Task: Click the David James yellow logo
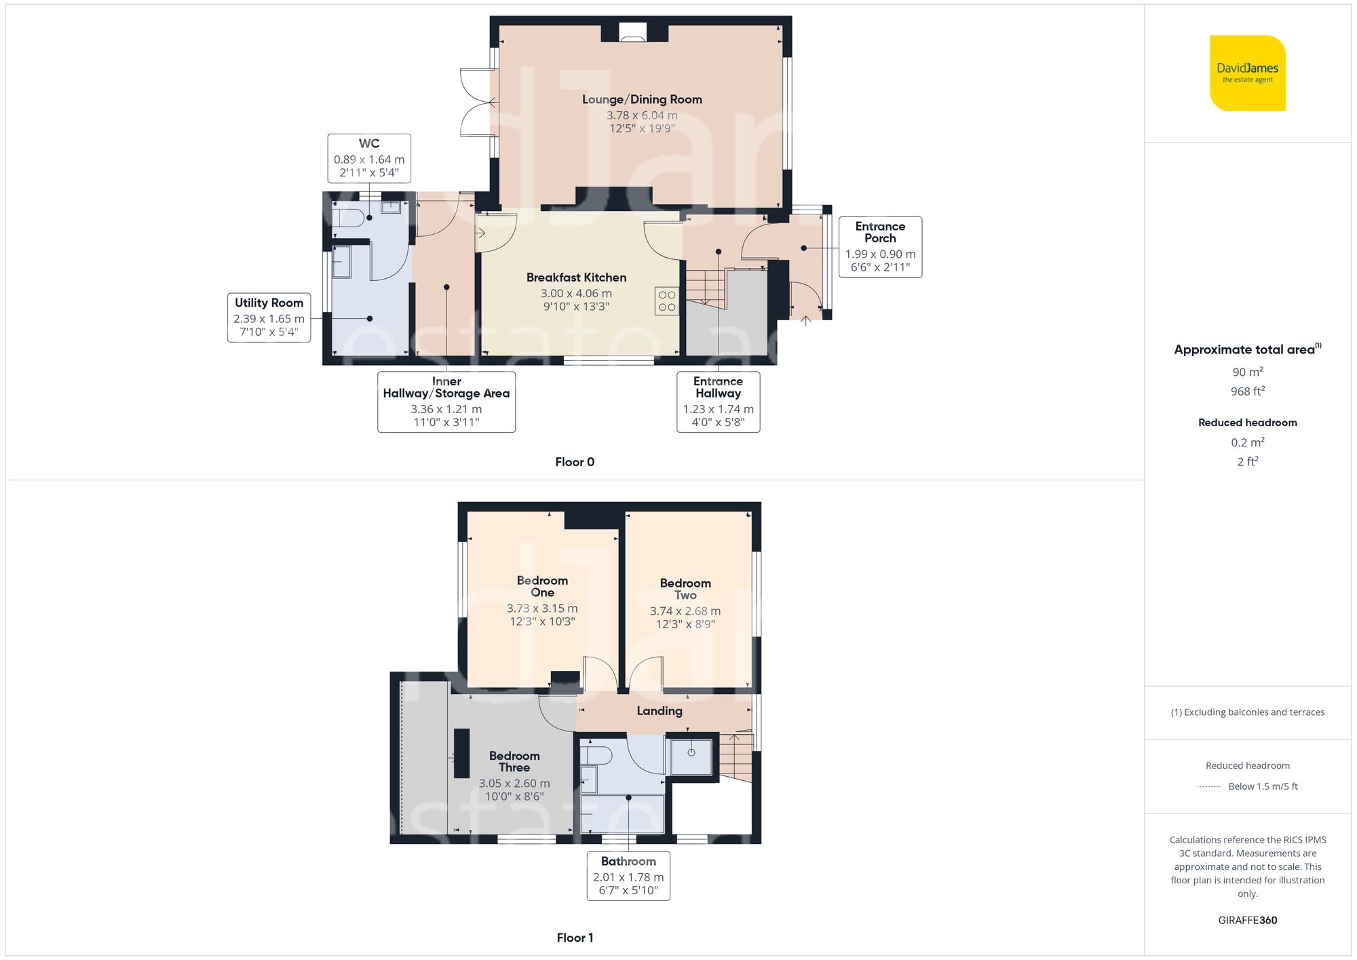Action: pyautogui.click(x=1247, y=73)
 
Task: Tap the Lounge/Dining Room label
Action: pyautogui.click(x=642, y=100)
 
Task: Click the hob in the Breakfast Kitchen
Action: pyautogui.click(x=666, y=301)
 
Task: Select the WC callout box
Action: pyautogui.click(x=369, y=158)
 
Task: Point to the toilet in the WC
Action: pyautogui.click(x=350, y=218)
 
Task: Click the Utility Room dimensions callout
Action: pyautogui.click(x=269, y=318)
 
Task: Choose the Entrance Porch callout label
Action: pyautogui.click(x=880, y=233)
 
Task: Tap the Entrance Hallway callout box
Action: pyautogui.click(x=718, y=402)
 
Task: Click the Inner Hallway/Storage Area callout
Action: pyautogui.click(x=446, y=402)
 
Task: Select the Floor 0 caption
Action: pyautogui.click(x=575, y=462)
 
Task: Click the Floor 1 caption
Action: pyautogui.click(x=575, y=938)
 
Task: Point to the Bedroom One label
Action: pyautogui.click(x=542, y=586)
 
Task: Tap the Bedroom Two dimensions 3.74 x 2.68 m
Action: pyautogui.click(x=685, y=611)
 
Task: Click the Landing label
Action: pyautogui.click(x=660, y=711)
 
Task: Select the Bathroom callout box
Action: pyautogui.click(x=628, y=876)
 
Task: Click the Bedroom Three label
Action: pyautogui.click(x=514, y=761)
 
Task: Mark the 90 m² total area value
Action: pyautogui.click(x=1247, y=372)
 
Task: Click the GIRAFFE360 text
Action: pyautogui.click(x=1247, y=921)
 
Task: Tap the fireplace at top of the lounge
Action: pyautogui.click(x=633, y=33)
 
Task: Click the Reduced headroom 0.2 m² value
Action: pyautogui.click(x=1247, y=442)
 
